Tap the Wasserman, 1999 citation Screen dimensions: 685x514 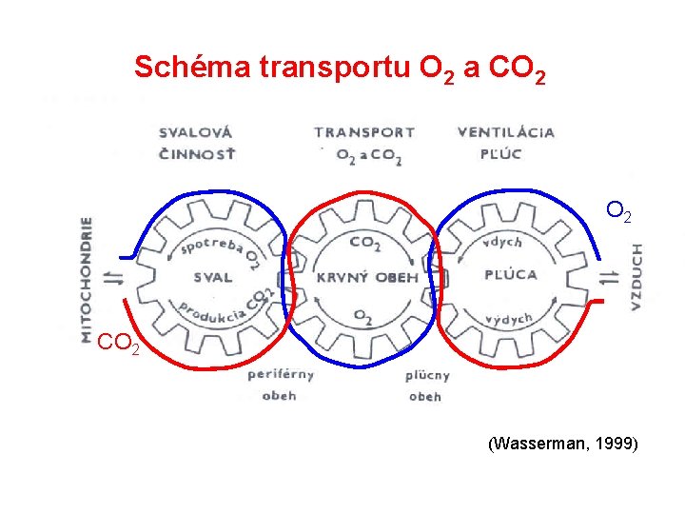pos(562,444)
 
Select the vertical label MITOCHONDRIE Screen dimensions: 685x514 pos(87,278)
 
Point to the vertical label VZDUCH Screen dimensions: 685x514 pos(636,277)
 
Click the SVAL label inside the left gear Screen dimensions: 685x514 pos(212,278)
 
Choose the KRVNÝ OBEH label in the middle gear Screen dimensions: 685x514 pos(367,277)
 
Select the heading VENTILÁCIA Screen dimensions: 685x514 pos(506,132)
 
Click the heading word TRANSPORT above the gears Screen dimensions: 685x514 pos(364,133)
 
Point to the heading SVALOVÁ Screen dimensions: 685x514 pos(195,132)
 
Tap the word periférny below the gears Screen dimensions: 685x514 pos(280,374)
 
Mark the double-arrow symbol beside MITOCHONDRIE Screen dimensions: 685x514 pos(115,278)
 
